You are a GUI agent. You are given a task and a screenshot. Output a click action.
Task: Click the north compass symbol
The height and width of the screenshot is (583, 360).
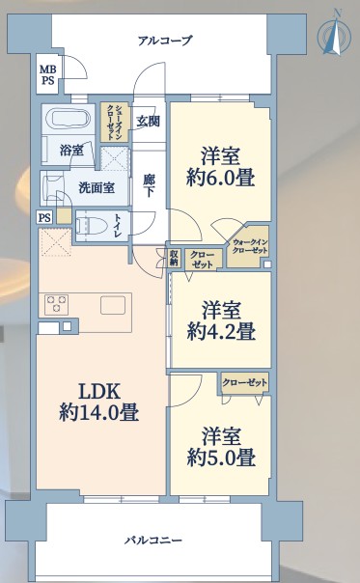pyautogui.click(x=334, y=36)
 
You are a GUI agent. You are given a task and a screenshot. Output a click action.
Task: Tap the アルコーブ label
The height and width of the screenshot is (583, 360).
pyautogui.click(x=165, y=41)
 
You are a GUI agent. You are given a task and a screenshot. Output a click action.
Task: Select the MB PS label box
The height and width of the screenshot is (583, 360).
pyautogui.click(x=47, y=74)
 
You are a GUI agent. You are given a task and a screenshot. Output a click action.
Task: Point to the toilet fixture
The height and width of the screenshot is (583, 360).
pyautogui.click(x=91, y=225)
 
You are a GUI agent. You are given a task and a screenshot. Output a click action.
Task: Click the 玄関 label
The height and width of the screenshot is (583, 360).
pyautogui.click(x=148, y=122)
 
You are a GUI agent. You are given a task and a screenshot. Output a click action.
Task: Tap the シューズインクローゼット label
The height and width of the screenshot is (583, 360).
pyautogui.click(x=115, y=122)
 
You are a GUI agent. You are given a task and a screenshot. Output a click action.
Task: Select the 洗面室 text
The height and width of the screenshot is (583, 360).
pyautogui.click(x=97, y=188)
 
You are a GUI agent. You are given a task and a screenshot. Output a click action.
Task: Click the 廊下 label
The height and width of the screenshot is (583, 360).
pyautogui.click(x=149, y=186)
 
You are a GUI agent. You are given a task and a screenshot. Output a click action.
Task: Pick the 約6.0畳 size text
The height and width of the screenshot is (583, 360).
pyautogui.click(x=221, y=178)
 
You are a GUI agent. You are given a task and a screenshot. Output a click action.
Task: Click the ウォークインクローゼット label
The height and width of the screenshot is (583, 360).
pyautogui.click(x=250, y=246)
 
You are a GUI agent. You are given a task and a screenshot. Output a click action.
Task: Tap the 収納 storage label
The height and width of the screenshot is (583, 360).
pyautogui.click(x=174, y=258)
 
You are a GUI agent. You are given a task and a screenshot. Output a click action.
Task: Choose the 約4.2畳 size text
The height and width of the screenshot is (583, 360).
pyautogui.click(x=221, y=331)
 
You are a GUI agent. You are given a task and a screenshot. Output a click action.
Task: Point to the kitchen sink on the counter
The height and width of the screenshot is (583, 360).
pyautogui.click(x=113, y=305)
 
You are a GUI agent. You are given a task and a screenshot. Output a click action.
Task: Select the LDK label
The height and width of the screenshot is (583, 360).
pyautogui.click(x=98, y=392)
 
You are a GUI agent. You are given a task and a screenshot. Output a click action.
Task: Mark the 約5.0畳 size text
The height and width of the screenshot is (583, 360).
pyautogui.click(x=221, y=458)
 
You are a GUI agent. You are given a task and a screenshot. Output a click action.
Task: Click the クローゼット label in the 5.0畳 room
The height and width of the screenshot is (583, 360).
pyautogui.click(x=245, y=382)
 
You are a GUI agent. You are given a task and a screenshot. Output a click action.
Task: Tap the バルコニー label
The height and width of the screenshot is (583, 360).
pyautogui.click(x=153, y=540)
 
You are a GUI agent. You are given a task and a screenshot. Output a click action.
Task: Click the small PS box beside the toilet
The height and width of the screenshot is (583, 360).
pyautogui.click(x=44, y=217)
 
